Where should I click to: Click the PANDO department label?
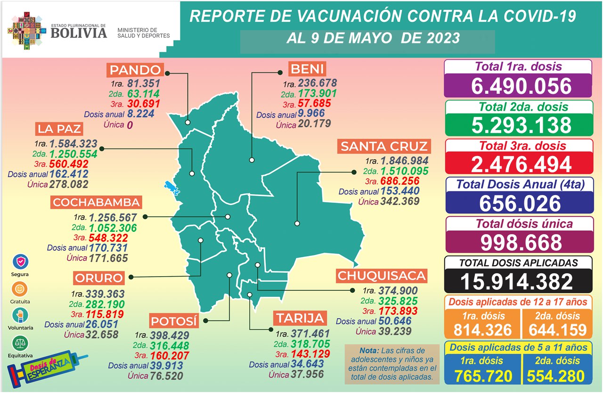(x=135, y=70)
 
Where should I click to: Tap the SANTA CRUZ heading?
(x=384, y=147)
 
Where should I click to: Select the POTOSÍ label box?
(x=173, y=321)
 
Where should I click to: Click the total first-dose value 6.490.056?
(x=518, y=86)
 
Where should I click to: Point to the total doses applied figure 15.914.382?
(x=518, y=281)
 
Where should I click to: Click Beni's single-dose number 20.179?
(x=314, y=124)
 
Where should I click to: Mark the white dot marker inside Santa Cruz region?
(x=297, y=223)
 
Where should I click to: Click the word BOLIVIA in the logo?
(x=79, y=33)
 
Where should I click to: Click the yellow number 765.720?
(x=483, y=376)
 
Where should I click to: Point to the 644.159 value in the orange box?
(x=558, y=329)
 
